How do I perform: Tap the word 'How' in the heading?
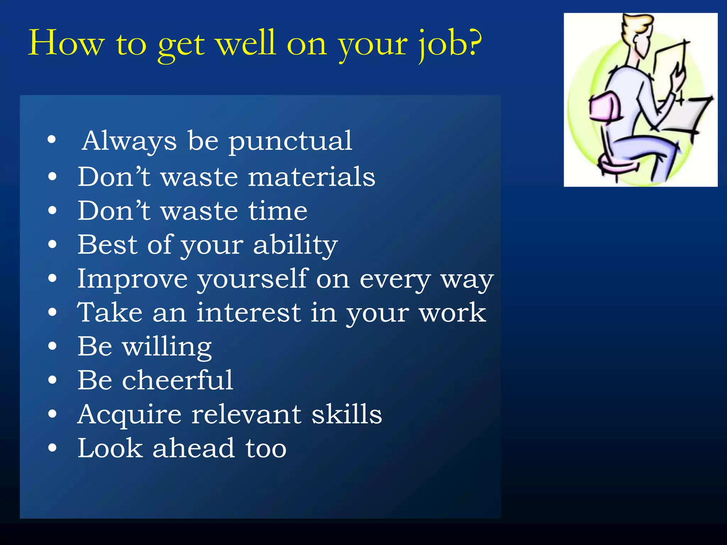coord(66,43)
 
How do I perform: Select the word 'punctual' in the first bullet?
coord(290,141)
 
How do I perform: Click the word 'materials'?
coord(311,177)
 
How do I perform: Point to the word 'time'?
coord(278,211)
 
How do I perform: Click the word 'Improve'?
coord(132,279)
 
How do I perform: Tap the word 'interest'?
coord(248,313)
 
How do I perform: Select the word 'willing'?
coord(167,347)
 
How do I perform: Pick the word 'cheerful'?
coord(177,380)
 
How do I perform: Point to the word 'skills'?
coord(346,414)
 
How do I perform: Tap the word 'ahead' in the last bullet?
coord(194,448)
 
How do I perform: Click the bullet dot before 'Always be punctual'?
coord(52,140)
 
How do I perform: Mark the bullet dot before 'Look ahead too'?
coord(52,448)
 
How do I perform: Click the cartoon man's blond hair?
coord(637,25)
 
